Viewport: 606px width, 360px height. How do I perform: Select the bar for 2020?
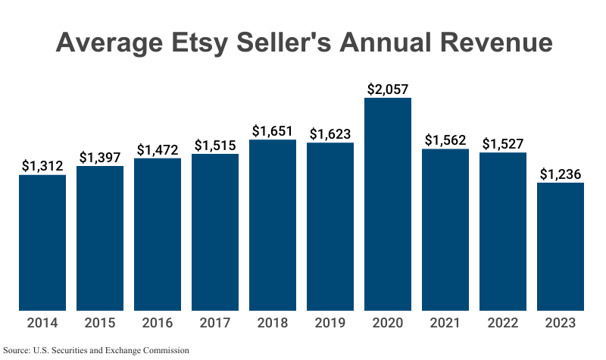point(388,205)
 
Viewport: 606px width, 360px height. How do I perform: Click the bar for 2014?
point(42,243)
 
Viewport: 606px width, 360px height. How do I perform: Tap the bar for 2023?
point(561,246)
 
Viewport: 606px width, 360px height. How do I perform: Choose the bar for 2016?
point(158,234)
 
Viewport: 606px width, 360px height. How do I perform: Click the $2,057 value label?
point(388,89)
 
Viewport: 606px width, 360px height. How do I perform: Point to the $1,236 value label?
point(561,174)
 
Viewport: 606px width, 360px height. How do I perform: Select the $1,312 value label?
point(42,166)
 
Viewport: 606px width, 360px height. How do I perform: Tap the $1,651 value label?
point(273,131)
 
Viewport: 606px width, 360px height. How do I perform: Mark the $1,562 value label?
point(445,139)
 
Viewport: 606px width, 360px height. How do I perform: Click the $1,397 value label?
point(100,157)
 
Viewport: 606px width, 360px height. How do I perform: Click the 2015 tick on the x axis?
point(100,324)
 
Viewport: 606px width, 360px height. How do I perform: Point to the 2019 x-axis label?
point(330,324)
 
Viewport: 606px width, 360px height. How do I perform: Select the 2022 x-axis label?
point(503,324)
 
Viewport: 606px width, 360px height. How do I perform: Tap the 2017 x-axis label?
point(215,324)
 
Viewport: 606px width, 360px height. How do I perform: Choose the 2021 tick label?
point(445,324)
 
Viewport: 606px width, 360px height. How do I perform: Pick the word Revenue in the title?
point(489,42)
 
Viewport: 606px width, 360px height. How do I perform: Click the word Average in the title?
point(106,42)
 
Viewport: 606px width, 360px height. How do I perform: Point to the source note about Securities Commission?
point(96,350)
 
